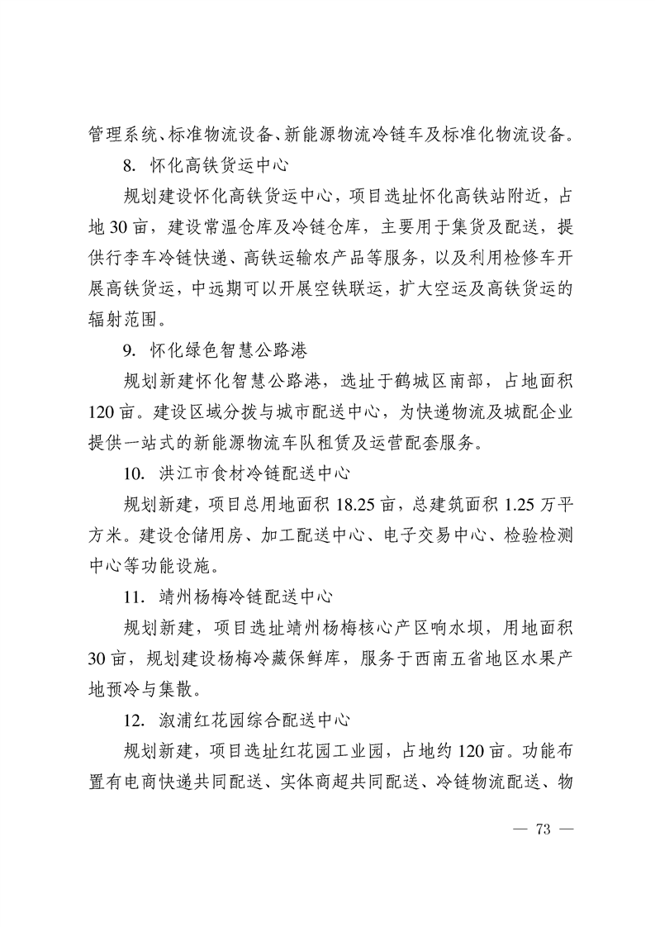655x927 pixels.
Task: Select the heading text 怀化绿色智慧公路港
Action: coord(228,350)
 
